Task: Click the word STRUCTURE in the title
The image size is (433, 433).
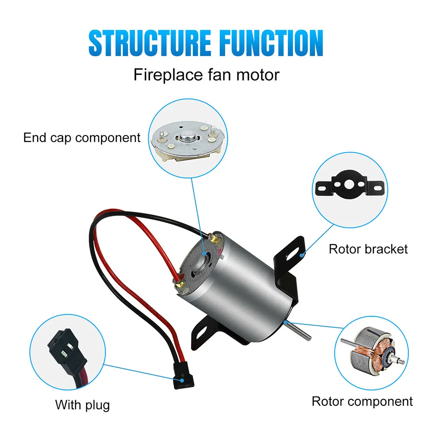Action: (150, 43)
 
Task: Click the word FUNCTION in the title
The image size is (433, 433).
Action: (271, 43)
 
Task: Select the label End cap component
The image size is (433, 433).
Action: (82, 137)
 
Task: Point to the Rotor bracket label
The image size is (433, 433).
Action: (368, 249)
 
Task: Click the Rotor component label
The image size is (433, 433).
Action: (362, 401)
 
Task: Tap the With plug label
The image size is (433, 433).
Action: (82, 405)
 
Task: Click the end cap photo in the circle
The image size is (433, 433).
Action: (188, 142)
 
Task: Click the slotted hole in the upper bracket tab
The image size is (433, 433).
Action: (293, 254)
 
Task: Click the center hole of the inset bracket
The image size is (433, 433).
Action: (349, 185)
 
